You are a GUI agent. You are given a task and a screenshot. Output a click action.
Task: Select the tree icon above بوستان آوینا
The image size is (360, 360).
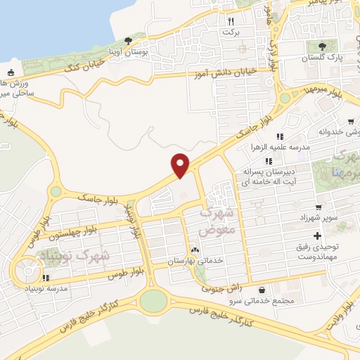[x=127, y=41]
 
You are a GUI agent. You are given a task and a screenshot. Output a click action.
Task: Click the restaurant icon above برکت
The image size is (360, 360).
[x=230, y=21]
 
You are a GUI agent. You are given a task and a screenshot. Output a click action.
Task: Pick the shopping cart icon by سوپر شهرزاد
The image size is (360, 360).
[x=319, y=207]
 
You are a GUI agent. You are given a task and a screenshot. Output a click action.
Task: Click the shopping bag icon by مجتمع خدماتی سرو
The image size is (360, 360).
[x=262, y=290]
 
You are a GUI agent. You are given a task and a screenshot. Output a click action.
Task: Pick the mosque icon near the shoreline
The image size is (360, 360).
[x=10, y=72]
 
